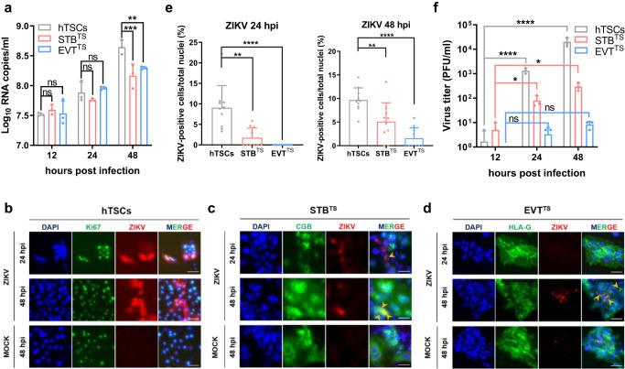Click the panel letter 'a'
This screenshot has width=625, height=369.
(6, 7)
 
